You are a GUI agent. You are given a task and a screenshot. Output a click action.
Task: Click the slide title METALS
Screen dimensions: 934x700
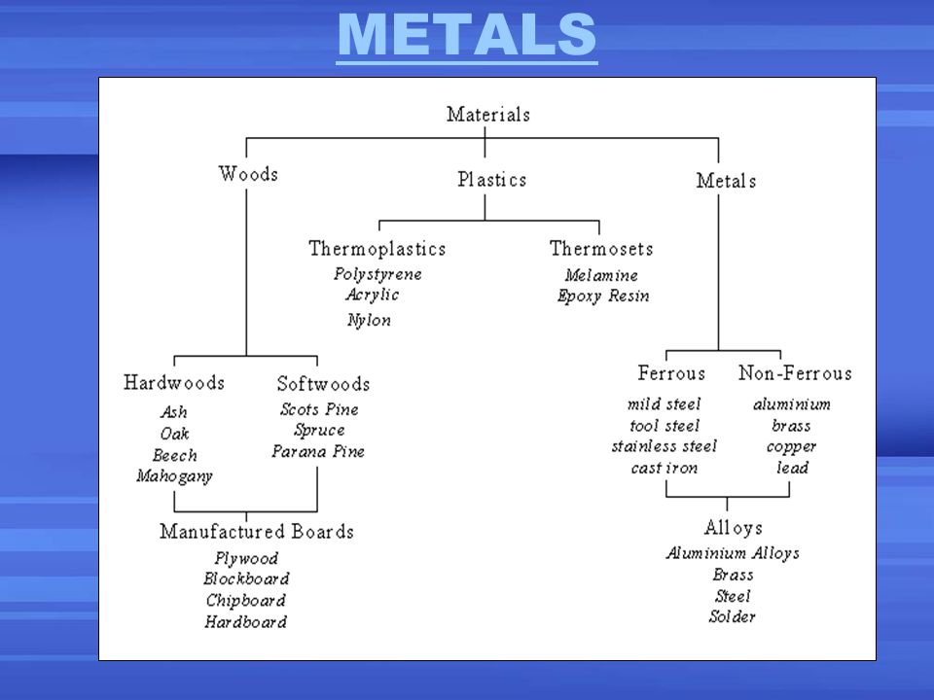click(x=466, y=35)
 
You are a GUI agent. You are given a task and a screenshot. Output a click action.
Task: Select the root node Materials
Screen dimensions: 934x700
click(x=488, y=114)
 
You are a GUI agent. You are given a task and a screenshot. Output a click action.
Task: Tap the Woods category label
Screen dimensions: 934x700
click(x=248, y=174)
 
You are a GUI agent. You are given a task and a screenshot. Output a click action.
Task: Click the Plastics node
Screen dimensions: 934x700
click(x=492, y=179)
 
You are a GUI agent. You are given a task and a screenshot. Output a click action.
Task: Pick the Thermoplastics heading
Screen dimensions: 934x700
click(x=377, y=248)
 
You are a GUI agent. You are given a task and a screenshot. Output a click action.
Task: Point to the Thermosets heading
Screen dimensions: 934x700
click(x=601, y=248)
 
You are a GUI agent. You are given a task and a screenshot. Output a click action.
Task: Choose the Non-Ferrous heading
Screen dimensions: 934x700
click(x=795, y=372)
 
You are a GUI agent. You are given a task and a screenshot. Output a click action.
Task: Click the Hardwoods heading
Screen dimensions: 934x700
click(x=174, y=382)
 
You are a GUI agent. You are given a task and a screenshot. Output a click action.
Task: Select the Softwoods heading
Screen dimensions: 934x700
click(x=323, y=383)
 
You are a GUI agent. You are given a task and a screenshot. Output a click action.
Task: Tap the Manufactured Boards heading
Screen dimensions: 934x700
click(x=257, y=531)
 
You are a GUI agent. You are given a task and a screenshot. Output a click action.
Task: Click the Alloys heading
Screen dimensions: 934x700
click(x=734, y=527)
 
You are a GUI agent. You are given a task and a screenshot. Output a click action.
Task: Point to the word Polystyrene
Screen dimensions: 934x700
click(x=377, y=274)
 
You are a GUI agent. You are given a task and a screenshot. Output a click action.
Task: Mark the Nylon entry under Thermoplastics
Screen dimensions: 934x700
click(x=370, y=320)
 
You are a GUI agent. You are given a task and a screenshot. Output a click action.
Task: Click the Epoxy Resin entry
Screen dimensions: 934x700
click(x=603, y=296)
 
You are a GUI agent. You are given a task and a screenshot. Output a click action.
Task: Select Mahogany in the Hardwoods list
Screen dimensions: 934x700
click(x=174, y=476)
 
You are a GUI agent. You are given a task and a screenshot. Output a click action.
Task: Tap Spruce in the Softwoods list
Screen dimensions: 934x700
click(x=319, y=431)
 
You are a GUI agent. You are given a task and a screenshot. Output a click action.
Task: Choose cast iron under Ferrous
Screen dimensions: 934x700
click(x=665, y=469)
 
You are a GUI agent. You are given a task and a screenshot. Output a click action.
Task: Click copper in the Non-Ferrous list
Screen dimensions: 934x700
click(x=792, y=447)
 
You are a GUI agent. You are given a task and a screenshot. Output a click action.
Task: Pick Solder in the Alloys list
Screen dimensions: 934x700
click(x=732, y=616)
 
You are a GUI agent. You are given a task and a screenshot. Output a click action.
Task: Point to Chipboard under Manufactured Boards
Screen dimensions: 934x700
click(x=246, y=601)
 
